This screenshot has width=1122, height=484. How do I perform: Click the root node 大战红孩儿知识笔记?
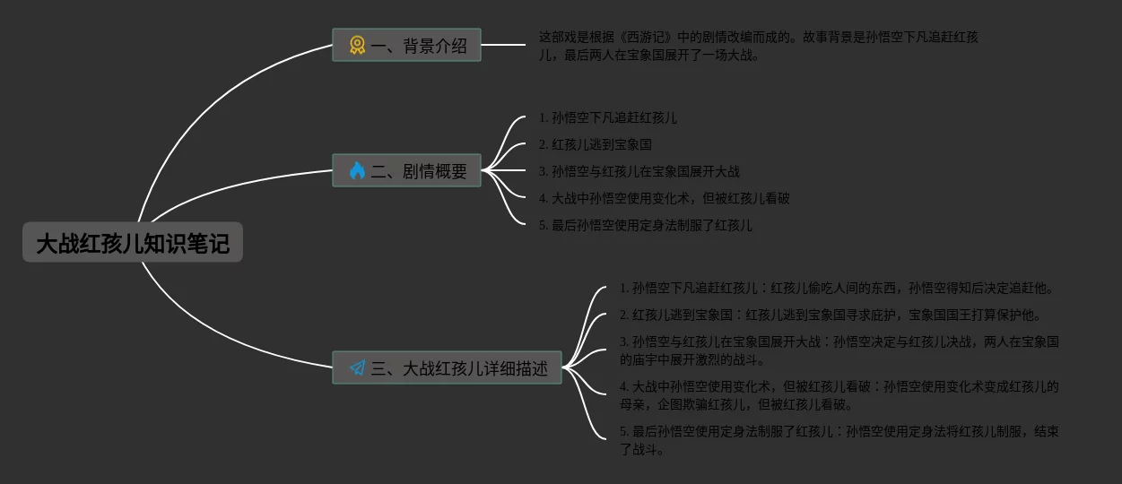click(x=133, y=243)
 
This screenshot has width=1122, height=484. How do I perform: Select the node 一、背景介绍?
click(x=406, y=46)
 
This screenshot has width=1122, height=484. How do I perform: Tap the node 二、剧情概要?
click(x=406, y=171)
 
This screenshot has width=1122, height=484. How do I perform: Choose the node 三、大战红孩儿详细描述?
click(x=447, y=368)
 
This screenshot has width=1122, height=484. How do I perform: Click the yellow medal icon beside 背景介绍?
click(x=357, y=46)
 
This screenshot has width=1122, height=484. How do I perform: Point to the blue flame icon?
click(x=357, y=171)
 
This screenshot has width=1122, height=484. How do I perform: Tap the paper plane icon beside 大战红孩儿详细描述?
click(x=357, y=368)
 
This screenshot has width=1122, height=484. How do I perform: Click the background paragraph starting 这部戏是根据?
click(x=758, y=46)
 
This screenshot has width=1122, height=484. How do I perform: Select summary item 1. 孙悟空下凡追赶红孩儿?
click(x=608, y=117)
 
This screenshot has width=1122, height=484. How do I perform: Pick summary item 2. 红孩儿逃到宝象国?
click(x=596, y=144)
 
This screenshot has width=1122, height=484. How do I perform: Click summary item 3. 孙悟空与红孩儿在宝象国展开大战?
click(x=639, y=171)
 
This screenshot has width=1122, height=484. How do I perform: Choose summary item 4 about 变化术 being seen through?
click(x=665, y=198)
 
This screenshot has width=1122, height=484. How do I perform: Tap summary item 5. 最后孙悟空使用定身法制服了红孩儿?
click(x=646, y=225)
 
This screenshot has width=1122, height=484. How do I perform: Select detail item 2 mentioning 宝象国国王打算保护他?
click(x=831, y=315)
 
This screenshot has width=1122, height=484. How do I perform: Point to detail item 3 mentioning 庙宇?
click(x=839, y=350)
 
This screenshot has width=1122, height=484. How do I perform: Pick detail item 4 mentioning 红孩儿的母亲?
click(x=839, y=395)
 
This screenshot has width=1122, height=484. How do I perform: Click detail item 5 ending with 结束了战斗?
click(x=839, y=440)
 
